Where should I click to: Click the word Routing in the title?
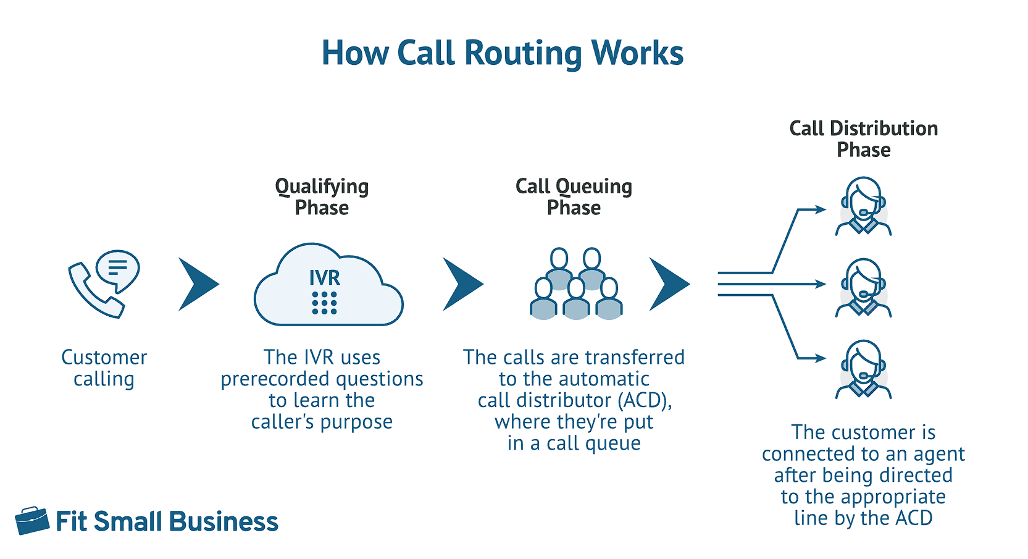(x=522, y=54)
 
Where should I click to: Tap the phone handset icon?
(x=93, y=292)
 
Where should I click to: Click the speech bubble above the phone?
(x=119, y=270)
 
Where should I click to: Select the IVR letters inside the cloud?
(x=325, y=277)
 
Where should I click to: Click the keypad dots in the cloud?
(x=325, y=303)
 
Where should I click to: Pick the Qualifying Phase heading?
(x=322, y=196)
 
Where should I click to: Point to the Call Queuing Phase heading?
(x=574, y=196)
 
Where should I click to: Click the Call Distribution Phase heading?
(x=863, y=139)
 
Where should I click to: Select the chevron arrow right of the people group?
(x=669, y=284)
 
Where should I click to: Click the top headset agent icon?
(x=863, y=207)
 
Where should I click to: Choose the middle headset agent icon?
(x=863, y=288)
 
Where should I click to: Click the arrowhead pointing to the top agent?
(x=821, y=209)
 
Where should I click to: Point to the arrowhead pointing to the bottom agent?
(x=821, y=358)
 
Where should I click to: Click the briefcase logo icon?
(x=32, y=521)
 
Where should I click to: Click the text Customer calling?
(x=104, y=368)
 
